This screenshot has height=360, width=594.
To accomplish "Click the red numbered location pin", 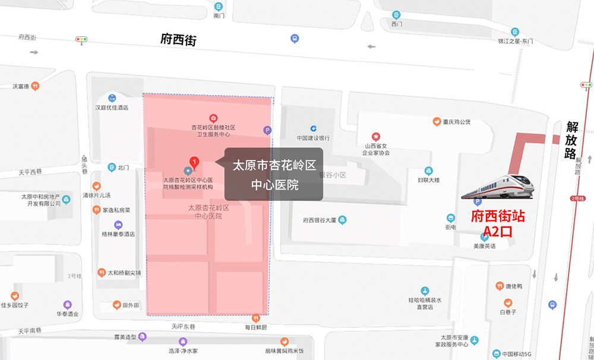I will pyautogui.click(x=193, y=161).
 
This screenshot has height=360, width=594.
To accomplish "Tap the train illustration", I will pyautogui.click(x=498, y=187).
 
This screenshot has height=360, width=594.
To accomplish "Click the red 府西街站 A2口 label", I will pyautogui.click(x=498, y=223).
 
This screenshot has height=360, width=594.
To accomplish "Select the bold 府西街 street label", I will pyautogui.click(x=178, y=40).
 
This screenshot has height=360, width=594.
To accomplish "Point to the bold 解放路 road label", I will pyautogui.click(x=572, y=140).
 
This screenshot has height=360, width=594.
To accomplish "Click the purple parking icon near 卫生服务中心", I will pyautogui.click(x=267, y=130).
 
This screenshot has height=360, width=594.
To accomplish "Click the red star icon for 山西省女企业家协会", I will pyautogui.click(x=375, y=137).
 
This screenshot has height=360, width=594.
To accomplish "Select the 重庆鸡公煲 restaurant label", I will pyautogui.click(x=456, y=122).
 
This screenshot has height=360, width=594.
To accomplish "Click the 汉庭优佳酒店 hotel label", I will pyautogui.click(x=112, y=108).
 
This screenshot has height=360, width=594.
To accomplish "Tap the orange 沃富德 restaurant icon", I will pyautogui.click(x=35, y=86).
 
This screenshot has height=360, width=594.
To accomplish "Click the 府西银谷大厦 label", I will pyautogui.click(x=320, y=220).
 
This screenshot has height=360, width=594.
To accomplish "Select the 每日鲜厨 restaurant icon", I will pyautogui.click(x=257, y=318).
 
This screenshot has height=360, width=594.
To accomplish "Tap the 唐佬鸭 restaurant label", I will pyautogui.click(x=510, y=286).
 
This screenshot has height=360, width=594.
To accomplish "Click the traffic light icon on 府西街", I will pyautogui.click(x=81, y=40).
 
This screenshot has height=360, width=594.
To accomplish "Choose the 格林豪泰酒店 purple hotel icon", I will pyautogui.click(x=118, y=225).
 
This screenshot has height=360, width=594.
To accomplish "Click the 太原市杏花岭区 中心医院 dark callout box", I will pyautogui.click(x=273, y=174).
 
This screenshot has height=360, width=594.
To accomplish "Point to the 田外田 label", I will pyautogui.click(x=131, y=305).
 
